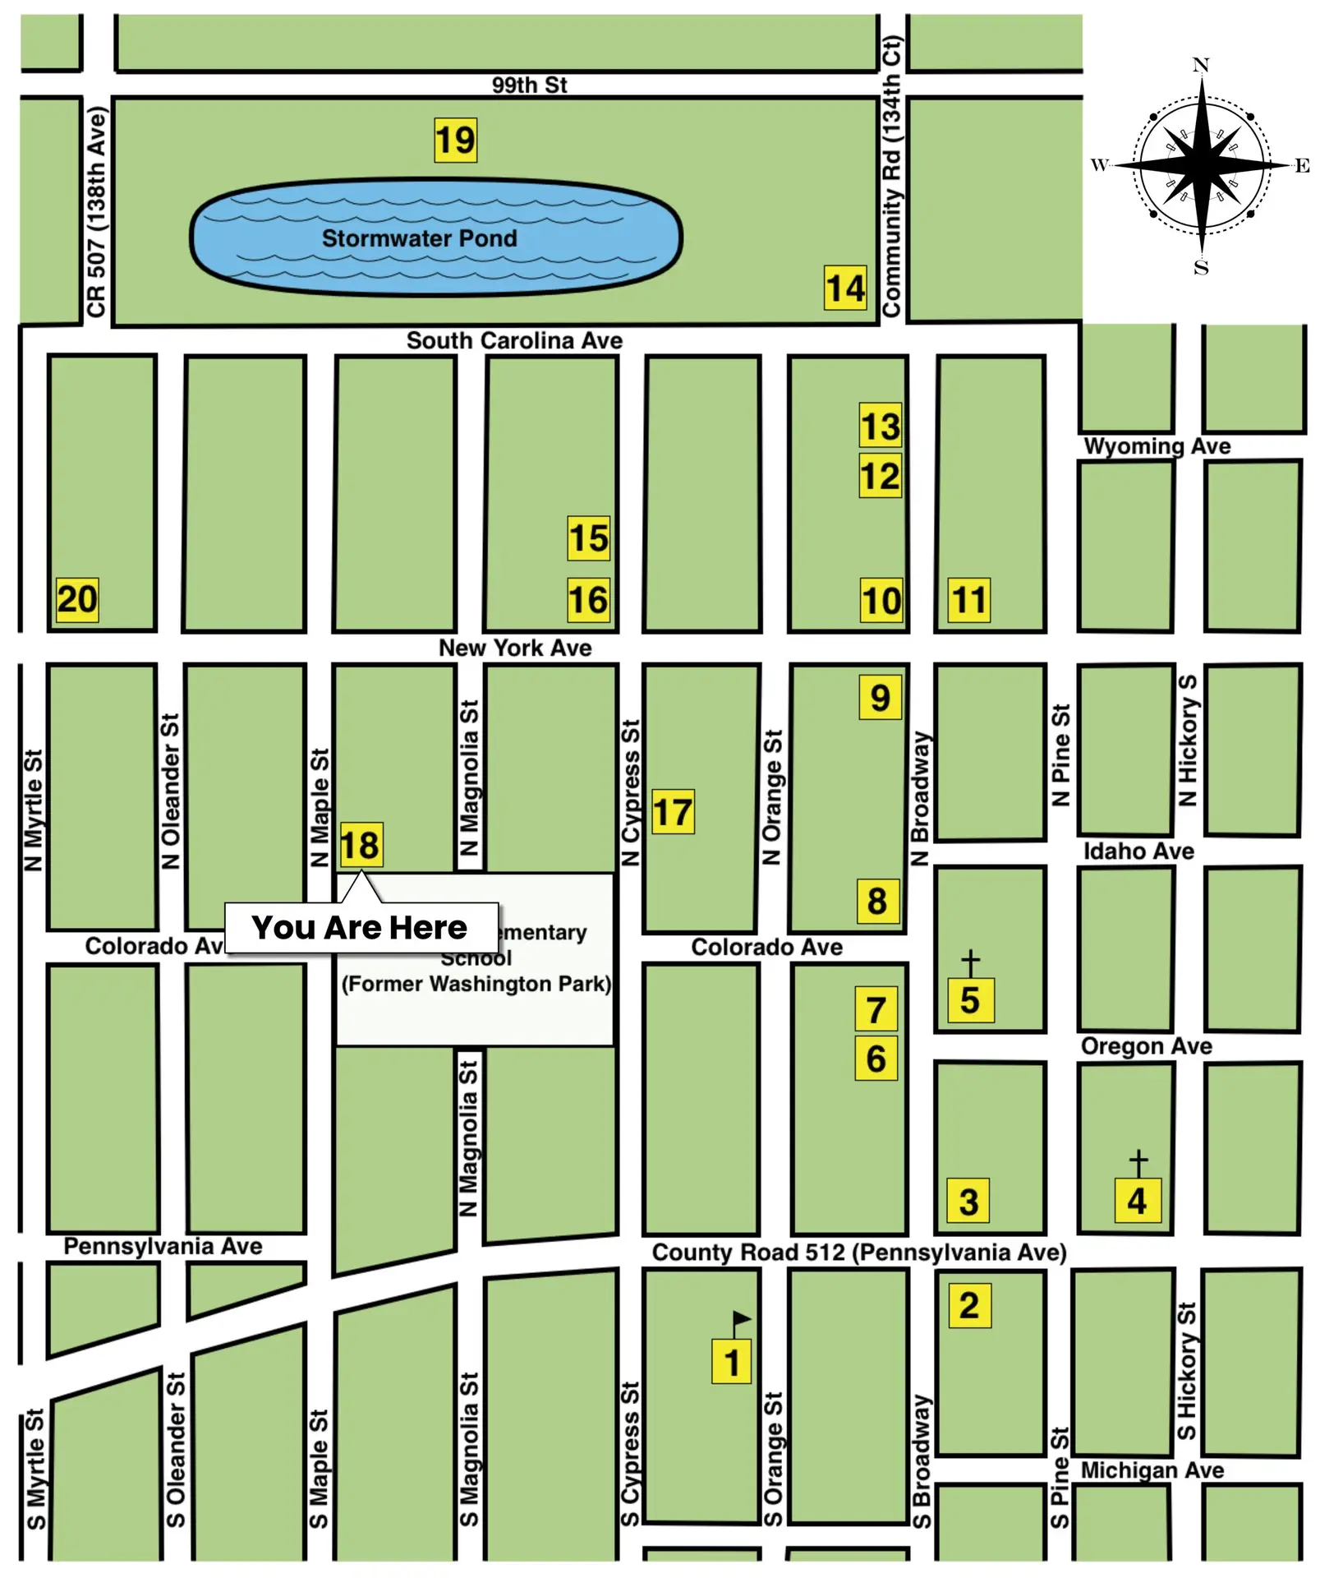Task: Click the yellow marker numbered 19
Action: pos(455,140)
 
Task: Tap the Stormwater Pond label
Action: pos(419,238)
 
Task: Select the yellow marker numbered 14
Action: pos(845,288)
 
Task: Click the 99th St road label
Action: pos(529,85)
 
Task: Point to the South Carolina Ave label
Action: pos(514,340)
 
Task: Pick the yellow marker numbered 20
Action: pos(77,598)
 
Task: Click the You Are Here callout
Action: pos(361,927)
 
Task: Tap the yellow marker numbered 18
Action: pos(360,845)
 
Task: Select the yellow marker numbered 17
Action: pos(673,812)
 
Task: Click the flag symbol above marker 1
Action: pos(741,1321)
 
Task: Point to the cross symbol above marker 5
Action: pos(970,962)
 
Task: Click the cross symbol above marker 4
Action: pos(1138,1162)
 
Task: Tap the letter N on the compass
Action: pos(1200,65)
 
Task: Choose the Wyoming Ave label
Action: pos(1157,446)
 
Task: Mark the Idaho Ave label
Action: pos(1138,851)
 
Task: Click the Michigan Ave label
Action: pos(1152,1470)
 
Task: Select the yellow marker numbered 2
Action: pos(969,1305)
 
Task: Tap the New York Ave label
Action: pos(515,648)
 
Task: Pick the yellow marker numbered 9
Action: pos(880,697)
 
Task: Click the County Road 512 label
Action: pos(858,1252)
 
